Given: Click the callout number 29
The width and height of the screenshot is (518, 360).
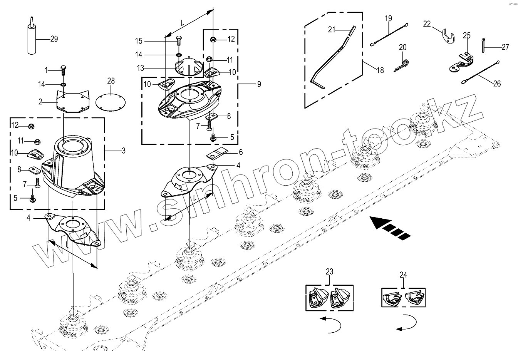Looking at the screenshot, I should [54, 39].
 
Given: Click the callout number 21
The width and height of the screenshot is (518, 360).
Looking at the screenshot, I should [332, 29].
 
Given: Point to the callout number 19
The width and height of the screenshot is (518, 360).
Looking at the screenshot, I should [388, 18].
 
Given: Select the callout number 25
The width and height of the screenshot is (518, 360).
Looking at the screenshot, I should [466, 35].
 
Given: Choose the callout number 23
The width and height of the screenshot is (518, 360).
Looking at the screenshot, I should [329, 271].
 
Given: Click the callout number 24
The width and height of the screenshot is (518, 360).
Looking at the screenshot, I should [403, 275].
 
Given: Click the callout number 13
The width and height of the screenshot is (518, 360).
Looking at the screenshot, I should [140, 68].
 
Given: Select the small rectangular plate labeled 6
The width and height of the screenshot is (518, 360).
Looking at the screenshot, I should [217, 155].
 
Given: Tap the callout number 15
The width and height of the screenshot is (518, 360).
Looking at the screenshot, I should [139, 41].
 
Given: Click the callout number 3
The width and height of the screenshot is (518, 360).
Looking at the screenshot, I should [123, 151].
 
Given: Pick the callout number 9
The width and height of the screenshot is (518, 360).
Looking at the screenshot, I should [259, 84].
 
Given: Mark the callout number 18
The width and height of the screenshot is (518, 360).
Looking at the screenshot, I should [380, 70].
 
